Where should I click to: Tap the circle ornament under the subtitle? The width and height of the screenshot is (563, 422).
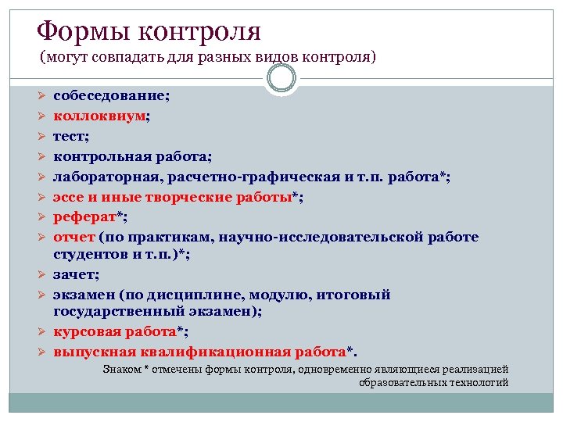(x=281, y=78)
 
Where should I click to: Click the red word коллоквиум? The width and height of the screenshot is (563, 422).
(x=100, y=116)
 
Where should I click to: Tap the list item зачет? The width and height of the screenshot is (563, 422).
(x=73, y=274)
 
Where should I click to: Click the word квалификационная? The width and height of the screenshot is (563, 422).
(x=213, y=351)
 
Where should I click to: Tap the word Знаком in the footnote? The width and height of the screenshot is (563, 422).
(x=122, y=369)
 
